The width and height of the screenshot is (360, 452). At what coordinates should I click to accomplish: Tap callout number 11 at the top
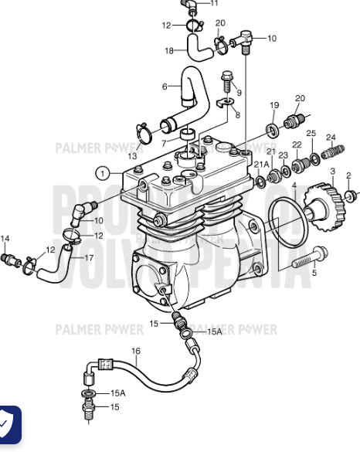click(215, 4)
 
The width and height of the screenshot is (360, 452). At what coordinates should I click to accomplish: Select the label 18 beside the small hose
click(169, 51)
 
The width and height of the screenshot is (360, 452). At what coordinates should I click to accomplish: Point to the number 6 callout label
click(165, 86)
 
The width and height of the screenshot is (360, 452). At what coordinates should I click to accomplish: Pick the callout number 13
click(133, 156)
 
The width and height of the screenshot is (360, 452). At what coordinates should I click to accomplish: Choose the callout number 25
click(311, 134)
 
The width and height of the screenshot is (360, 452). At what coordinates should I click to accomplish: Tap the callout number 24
click(331, 138)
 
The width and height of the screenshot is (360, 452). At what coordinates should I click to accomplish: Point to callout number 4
click(294, 185)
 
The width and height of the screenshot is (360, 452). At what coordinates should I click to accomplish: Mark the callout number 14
click(5, 238)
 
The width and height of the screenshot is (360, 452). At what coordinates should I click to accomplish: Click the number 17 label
click(89, 257)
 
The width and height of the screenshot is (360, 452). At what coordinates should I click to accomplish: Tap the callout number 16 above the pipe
click(136, 351)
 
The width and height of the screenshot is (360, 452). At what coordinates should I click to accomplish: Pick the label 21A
click(262, 164)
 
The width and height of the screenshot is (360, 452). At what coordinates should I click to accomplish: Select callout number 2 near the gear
click(348, 175)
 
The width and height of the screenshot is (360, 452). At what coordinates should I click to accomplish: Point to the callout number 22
click(297, 145)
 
